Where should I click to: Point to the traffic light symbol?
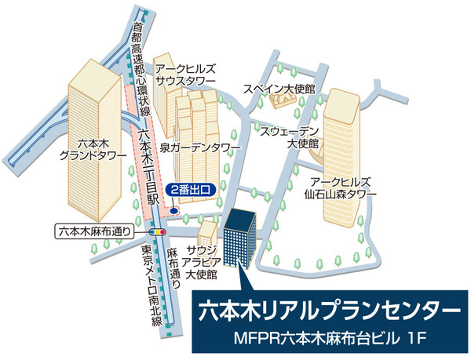(x=158, y=232)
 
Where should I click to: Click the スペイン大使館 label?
(x=278, y=88)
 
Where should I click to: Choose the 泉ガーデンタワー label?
(x=199, y=147)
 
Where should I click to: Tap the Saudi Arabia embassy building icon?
(x=207, y=233)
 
